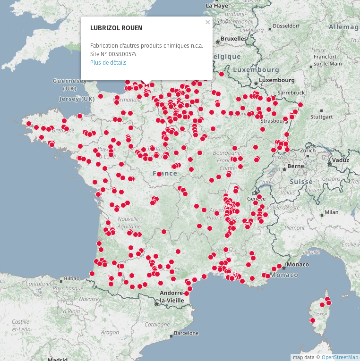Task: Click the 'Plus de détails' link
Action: coord(108,62)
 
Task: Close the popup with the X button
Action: coord(207,22)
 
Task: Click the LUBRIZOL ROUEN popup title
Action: coord(116,28)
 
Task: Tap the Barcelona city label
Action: coord(186,333)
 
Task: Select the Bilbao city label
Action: coord(71,278)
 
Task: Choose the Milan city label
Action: coord(332,212)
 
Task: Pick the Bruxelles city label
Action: coord(234,38)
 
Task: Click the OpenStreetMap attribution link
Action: coord(340,357)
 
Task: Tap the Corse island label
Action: coord(320,314)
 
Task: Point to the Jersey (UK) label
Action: coord(77,99)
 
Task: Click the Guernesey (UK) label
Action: coord(69,84)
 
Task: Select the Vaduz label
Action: coord(340,160)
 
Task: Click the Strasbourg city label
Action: coord(274,120)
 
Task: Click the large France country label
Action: coord(165,173)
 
